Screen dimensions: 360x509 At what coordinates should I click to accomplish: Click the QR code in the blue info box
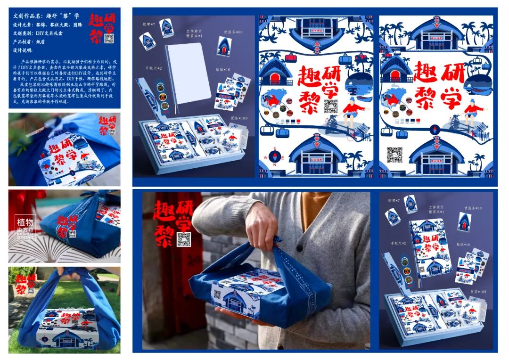109,39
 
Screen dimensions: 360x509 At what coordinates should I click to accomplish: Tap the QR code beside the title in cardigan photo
183,239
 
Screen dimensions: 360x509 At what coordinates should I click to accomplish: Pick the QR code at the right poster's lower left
394,154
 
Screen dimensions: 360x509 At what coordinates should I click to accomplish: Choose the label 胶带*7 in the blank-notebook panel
148,23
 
